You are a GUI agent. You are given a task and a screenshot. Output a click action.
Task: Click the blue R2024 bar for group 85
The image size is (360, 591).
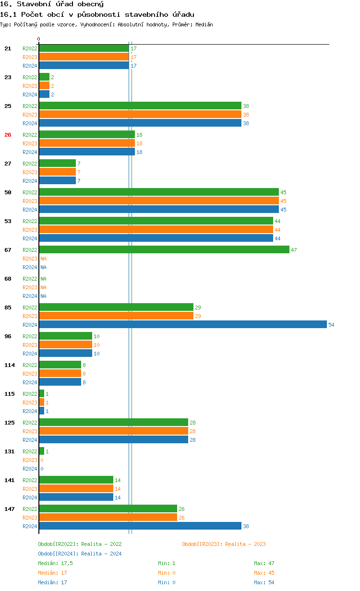[182, 325]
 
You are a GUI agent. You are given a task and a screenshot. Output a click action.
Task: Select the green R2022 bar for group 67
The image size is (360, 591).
[164, 250]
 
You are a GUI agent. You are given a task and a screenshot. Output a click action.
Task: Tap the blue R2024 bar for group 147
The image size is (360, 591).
[140, 526]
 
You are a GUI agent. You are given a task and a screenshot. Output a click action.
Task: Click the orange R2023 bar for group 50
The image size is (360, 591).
[159, 201]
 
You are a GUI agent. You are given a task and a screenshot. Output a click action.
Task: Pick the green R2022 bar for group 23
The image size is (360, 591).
[44, 77]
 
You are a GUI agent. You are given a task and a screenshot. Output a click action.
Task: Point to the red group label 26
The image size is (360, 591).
[8, 135]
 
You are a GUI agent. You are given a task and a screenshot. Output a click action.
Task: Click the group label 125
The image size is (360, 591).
[10, 423]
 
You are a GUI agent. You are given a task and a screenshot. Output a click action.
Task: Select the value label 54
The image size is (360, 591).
[331, 325]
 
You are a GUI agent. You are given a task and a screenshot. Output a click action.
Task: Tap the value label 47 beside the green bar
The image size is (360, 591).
[294, 250]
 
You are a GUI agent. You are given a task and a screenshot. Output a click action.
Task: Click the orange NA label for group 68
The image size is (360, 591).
[43, 287]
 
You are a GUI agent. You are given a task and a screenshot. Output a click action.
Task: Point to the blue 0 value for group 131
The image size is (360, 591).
[42, 469]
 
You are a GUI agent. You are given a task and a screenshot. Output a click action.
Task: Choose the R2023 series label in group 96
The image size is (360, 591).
[30, 345]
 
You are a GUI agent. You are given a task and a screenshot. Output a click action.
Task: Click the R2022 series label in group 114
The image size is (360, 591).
[30, 365]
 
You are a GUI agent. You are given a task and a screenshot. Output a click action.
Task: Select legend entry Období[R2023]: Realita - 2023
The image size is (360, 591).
[224, 544]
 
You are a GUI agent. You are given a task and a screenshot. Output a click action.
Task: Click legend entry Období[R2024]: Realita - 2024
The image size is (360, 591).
[80, 554]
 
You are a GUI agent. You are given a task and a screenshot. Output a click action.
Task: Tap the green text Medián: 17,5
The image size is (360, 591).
[55, 563]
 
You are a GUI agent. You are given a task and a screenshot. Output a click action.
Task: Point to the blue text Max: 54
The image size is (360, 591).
[264, 582]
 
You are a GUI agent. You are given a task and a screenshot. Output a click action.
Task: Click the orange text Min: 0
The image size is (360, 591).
[167, 573]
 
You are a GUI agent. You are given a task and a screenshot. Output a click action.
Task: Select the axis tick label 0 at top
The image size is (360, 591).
[39, 39]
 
